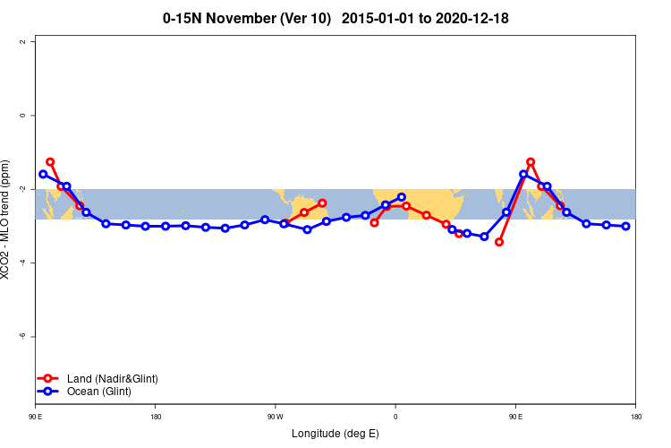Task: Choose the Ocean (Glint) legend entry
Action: pos(92,392)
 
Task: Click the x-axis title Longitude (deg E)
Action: pos(335,434)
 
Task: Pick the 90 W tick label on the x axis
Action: pos(275,417)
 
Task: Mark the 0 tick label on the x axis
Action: pos(395,417)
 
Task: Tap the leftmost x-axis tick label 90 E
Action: pos(36,417)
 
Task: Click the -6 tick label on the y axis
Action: pos(32,336)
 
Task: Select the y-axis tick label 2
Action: pos(32,42)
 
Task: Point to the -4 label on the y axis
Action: pos(32,263)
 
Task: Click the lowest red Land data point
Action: pos(499,242)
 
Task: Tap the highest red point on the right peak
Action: pos(531,162)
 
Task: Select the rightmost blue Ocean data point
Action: pos(626,226)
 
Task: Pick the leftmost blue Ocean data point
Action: pos(43,174)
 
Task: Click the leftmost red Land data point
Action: pos(50,162)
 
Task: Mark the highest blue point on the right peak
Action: pos(523,174)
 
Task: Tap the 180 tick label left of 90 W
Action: pos(156,417)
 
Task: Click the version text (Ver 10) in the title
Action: pos(305,18)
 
